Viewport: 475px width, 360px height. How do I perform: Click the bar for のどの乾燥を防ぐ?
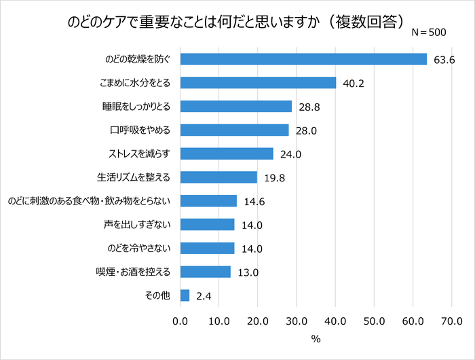coord(303,59)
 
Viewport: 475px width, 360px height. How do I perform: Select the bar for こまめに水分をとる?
coord(259,83)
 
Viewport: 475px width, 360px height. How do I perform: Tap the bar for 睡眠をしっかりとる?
coord(236,106)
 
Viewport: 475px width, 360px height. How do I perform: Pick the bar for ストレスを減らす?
coord(227,154)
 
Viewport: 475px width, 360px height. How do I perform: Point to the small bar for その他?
coord(185,295)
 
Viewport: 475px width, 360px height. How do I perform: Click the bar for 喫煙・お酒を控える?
coord(206,272)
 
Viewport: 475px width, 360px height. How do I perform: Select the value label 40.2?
coord(353,84)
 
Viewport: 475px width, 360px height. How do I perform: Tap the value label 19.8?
coord(274,178)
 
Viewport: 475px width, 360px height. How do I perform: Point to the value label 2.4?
coord(203,296)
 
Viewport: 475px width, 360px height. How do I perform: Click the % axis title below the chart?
coord(316,338)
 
